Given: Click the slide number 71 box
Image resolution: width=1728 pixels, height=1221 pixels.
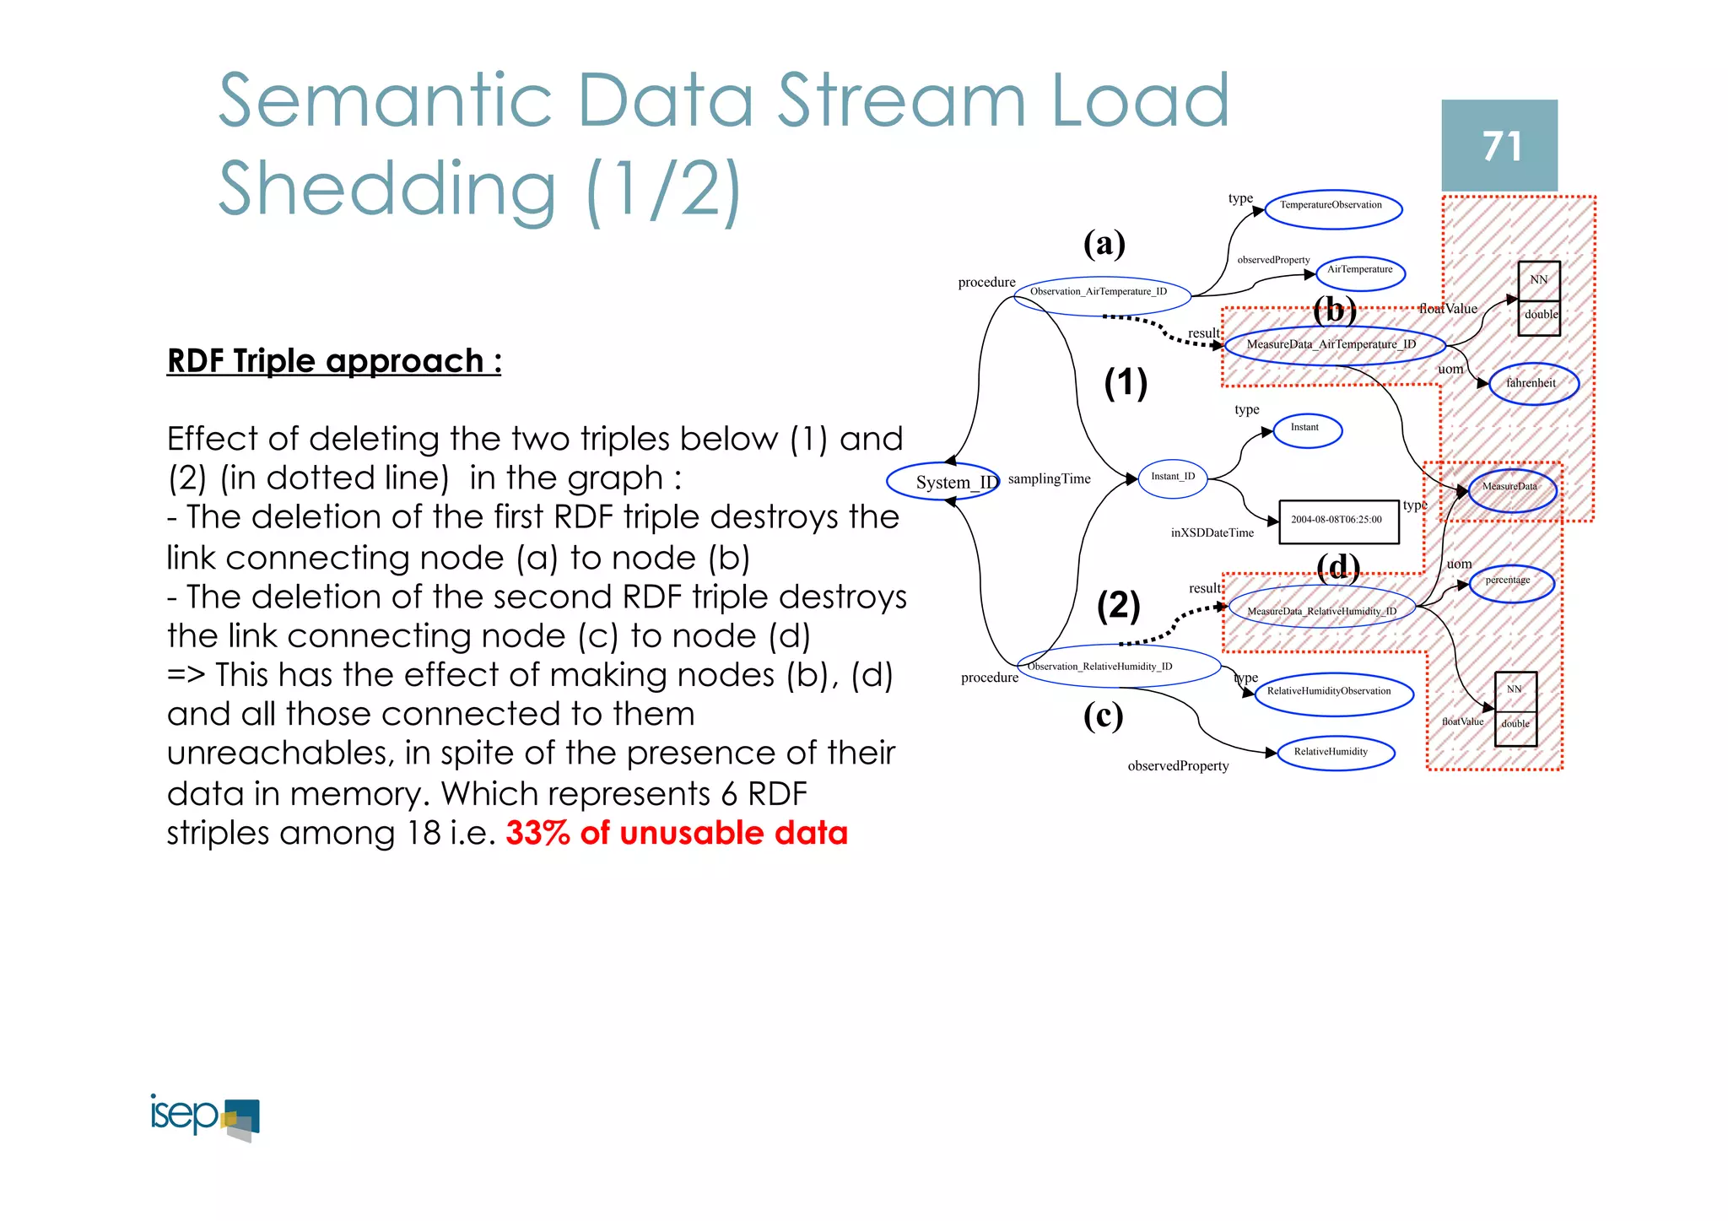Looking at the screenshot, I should tap(1498, 145).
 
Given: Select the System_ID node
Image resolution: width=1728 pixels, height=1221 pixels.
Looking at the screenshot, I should tap(943, 482).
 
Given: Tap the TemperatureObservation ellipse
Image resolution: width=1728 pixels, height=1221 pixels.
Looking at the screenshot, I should tap(1333, 208).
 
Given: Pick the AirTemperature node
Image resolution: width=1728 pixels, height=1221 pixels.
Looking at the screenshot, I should tap(1359, 271).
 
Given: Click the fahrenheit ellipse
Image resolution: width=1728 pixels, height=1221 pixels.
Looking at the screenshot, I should tap(1532, 384).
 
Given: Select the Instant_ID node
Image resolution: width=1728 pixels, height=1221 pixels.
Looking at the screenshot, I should tap(1173, 478).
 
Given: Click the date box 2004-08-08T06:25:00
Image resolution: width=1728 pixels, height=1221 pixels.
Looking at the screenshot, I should tap(1338, 521).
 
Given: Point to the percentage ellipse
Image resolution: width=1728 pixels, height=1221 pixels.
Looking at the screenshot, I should tap(1509, 582).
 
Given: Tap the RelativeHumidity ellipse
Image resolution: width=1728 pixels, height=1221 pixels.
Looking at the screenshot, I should tap(1334, 753).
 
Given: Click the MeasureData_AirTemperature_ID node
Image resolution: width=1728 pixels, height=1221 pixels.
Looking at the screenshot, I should tap(1333, 345).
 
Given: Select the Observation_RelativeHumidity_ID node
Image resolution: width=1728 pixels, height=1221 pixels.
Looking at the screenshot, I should tap(1117, 666).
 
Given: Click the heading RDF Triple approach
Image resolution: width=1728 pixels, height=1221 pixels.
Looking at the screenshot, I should tap(334, 361).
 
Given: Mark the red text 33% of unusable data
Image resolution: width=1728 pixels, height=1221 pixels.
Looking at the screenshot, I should tap(677, 833).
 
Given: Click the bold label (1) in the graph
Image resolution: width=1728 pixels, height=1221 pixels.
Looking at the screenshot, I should tap(1126, 383).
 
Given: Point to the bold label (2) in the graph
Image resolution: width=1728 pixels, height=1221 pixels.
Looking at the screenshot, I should tap(1119, 605).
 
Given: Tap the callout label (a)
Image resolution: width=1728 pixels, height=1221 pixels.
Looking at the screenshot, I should tap(1104, 244).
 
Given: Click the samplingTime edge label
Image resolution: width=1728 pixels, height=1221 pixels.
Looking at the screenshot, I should tap(1049, 478).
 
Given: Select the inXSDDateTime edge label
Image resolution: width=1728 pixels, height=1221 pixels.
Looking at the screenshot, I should tap(1212, 533).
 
